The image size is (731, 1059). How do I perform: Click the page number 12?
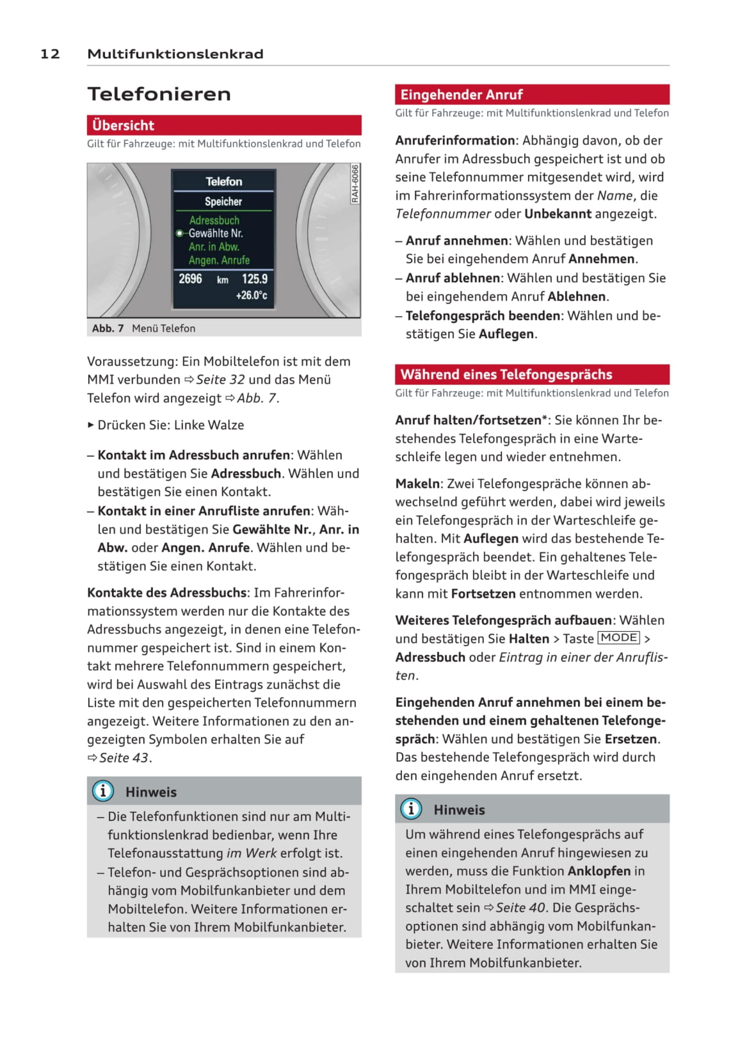50,54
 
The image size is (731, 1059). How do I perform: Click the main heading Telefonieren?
159,94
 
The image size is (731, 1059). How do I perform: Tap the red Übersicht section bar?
224,125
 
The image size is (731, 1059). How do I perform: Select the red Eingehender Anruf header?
532,95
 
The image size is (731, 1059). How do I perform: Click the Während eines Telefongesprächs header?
532,375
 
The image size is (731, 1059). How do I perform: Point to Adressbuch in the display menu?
214,220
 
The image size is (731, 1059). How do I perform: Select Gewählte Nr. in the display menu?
216,234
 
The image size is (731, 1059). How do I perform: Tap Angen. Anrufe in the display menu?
219,260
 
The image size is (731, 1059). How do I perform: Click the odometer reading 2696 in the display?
190,279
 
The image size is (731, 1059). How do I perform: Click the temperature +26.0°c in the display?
252,295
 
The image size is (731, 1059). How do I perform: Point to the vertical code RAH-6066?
355,184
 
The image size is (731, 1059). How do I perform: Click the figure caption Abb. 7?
108,328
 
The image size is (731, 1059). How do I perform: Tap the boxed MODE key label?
619,638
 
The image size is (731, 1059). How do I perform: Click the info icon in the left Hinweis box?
103,791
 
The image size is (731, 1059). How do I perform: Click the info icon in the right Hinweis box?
411,809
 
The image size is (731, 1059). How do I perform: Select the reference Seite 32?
220,380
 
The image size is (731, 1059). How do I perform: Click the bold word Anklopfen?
598,871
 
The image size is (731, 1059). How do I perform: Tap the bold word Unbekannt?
558,214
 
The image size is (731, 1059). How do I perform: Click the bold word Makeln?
417,484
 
